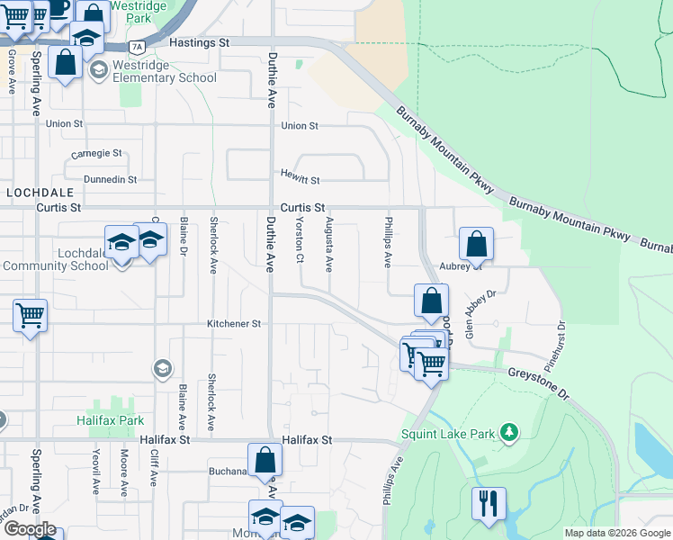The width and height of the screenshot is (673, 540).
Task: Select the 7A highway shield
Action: (x=137, y=45)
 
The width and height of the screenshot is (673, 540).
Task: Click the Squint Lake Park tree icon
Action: (x=510, y=434)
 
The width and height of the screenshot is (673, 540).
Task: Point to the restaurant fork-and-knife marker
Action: (x=489, y=502)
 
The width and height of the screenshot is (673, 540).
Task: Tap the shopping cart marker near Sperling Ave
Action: (x=31, y=316)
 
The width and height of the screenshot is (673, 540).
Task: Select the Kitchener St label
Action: (x=233, y=323)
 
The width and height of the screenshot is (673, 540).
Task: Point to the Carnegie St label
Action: (x=96, y=153)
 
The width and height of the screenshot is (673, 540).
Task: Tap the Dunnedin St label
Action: (x=110, y=179)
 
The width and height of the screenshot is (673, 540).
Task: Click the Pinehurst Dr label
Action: (x=560, y=337)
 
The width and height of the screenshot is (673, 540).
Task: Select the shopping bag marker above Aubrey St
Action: (x=476, y=244)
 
